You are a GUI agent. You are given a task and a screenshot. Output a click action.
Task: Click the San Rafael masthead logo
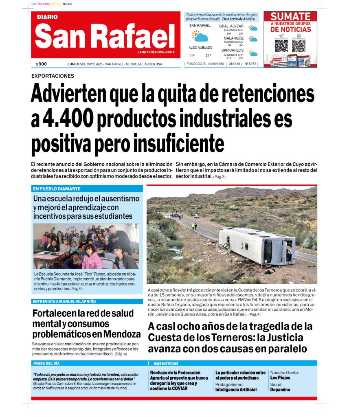[x=105, y=36]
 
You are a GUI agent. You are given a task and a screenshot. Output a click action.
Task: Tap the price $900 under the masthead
[x=41, y=64]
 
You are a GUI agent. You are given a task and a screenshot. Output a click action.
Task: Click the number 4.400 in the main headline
[x=62, y=119]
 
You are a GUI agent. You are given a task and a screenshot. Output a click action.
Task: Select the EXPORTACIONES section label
[x=53, y=76]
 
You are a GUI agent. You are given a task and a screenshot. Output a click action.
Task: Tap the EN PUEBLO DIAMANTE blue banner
[x=57, y=189]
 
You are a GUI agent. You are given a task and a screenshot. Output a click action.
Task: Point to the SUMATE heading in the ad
[x=290, y=17]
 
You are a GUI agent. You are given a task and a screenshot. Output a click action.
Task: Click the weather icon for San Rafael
[x=200, y=37]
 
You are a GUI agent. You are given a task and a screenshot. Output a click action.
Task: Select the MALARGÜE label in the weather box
[x=233, y=38]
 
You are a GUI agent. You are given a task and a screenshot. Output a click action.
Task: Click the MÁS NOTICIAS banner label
[x=166, y=363]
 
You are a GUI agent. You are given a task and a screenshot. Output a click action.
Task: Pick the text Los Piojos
[x=280, y=377]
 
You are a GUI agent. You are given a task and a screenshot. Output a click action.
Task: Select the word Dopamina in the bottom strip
[x=280, y=390]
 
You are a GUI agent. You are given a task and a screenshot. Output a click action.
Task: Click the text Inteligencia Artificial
[x=236, y=390]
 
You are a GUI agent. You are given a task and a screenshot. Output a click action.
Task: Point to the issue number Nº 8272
[x=250, y=64]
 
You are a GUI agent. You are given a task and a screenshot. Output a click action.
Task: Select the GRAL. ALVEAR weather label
[x=231, y=26]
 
